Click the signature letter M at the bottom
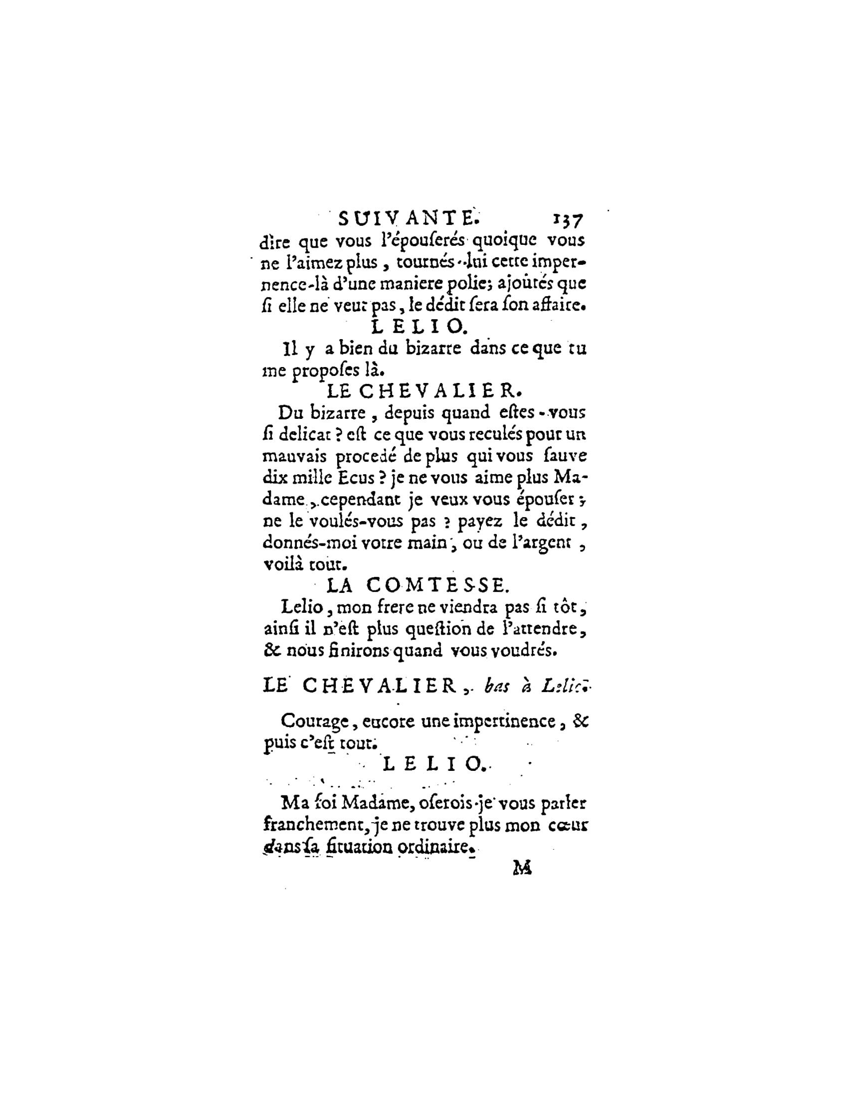coord(522,868)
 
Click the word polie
coord(465,284)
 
